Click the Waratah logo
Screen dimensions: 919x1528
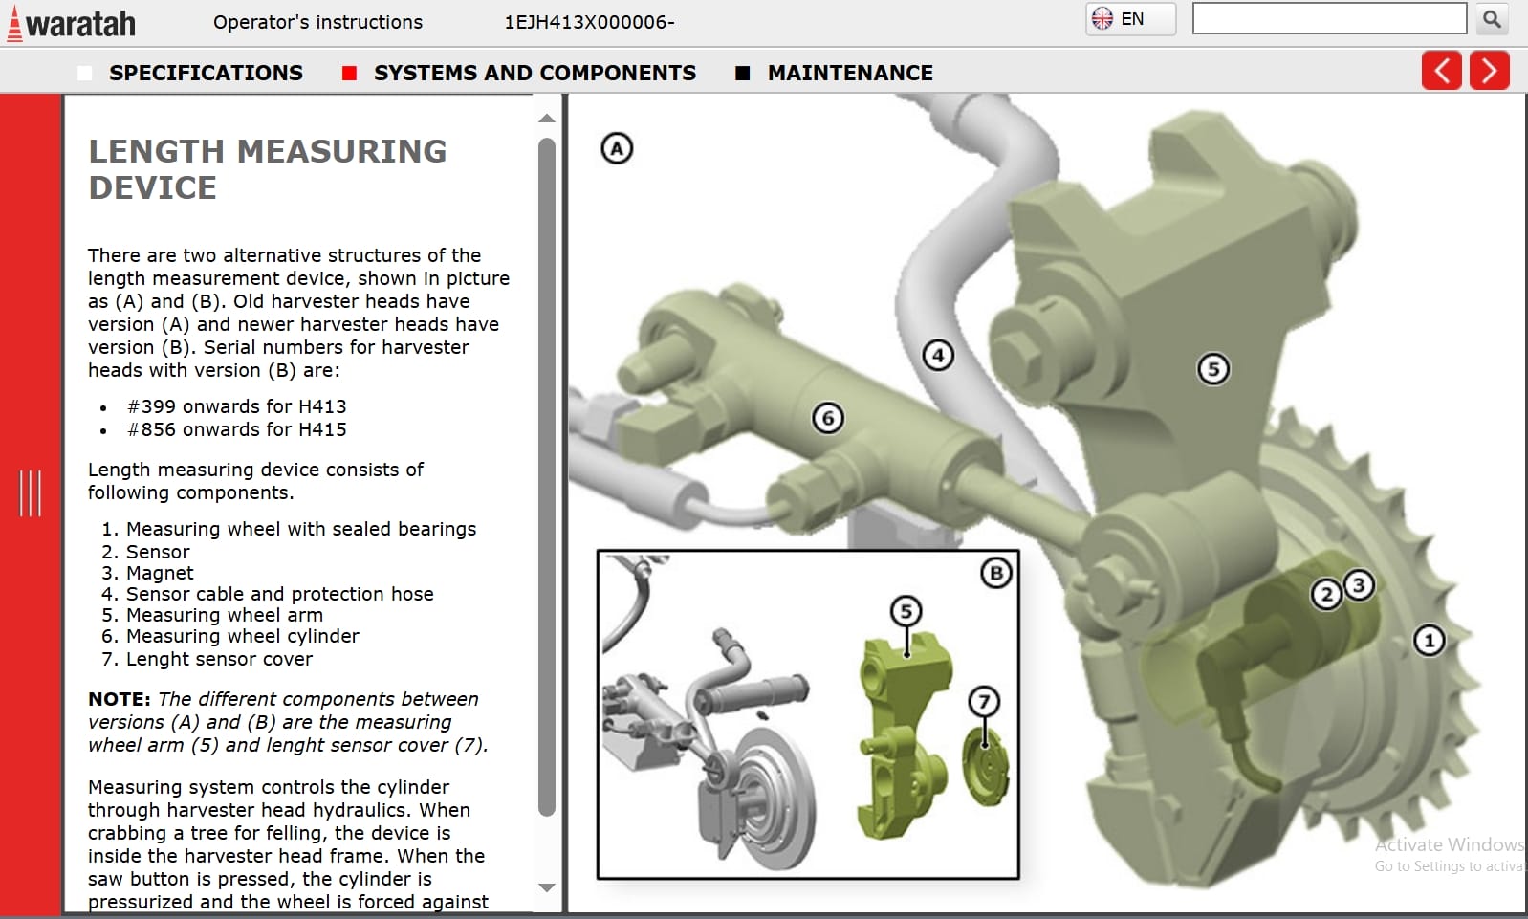pos(72,23)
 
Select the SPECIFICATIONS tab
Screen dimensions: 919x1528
pos(205,73)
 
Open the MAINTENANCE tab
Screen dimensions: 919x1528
pos(849,73)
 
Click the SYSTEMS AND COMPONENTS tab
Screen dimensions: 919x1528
pos(534,73)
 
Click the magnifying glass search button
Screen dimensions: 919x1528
pos(1492,19)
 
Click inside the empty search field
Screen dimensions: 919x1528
pos(1328,19)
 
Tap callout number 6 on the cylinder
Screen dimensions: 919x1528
pos(828,418)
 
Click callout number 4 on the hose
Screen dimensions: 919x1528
pos(938,356)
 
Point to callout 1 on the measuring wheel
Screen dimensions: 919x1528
pos(1429,640)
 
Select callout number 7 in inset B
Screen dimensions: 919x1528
pos(984,702)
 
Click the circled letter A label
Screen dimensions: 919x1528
pos(617,148)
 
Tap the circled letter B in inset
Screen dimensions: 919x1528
pos(996,573)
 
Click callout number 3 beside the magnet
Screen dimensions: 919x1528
pos(1359,584)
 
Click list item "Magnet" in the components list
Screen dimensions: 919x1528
pos(160,573)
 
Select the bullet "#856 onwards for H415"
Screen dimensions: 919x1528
pos(236,429)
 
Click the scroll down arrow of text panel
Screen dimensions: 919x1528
pos(547,887)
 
